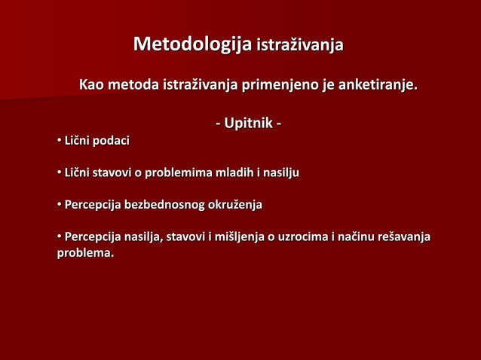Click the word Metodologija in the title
tap(192, 44)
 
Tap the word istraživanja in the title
tap(300, 45)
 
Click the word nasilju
tap(280, 173)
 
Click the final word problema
tap(85, 253)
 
